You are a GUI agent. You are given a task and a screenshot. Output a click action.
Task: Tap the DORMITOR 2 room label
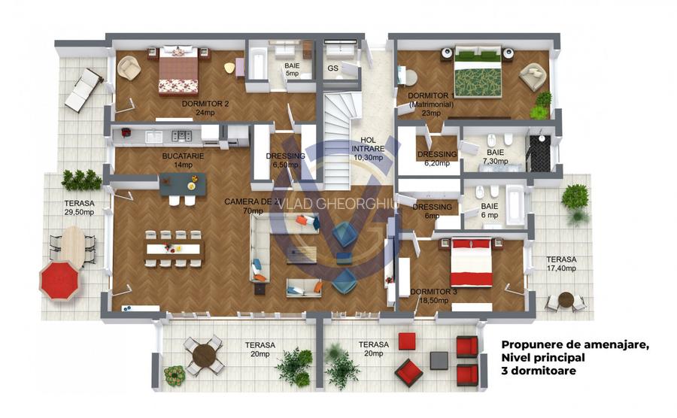point(194,108)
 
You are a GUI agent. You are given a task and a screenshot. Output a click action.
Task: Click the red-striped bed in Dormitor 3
point(471,264)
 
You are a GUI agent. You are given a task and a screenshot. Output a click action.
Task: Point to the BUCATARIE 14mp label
point(179,160)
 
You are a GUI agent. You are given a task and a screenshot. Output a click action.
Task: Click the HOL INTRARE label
point(368,149)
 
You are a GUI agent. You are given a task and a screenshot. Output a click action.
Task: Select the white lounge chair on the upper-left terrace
point(83,89)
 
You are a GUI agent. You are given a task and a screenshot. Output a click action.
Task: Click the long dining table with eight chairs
point(175,248)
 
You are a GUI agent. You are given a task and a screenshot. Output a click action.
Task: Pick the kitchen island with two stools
point(183,183)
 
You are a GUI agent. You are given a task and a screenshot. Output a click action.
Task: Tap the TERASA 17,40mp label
point(560,263)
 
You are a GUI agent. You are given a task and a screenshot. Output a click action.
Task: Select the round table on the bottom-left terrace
point(204,354)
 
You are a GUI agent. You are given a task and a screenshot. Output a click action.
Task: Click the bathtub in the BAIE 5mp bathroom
point(257,65)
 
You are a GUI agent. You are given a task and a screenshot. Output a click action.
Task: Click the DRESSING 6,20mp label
point(438,158)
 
